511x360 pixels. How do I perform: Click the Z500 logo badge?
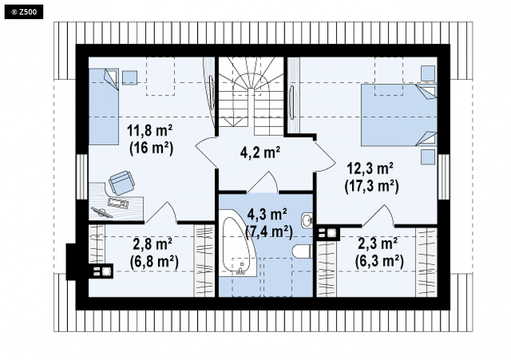pos(24,12)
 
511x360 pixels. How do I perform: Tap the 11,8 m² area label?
pos(149,131)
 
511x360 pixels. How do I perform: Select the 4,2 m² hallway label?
pos(260,152)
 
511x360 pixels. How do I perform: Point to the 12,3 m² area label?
pos(370,169)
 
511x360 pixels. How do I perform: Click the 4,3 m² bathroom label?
pos(267,214)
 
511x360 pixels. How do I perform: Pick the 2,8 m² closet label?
pos(153,243)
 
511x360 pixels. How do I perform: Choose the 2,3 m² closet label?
pos(378,243)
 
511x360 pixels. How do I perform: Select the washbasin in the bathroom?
pos(307,221)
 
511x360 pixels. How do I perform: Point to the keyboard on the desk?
pos(118,203)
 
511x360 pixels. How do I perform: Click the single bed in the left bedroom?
pos(104,106)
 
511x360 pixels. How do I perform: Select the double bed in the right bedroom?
pos(399,115)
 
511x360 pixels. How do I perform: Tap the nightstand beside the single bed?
pos(130,77)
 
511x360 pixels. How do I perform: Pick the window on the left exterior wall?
pos(82,177)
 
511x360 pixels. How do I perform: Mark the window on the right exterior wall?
pos(444,177)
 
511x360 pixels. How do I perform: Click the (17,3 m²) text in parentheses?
pos(372,187)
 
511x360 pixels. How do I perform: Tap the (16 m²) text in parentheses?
pos(151,148)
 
